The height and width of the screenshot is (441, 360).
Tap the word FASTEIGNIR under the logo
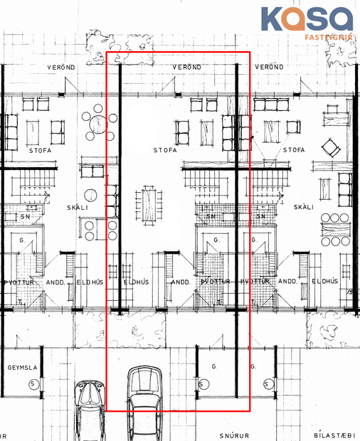coord(329,35)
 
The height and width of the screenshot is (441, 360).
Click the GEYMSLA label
coord(21,368)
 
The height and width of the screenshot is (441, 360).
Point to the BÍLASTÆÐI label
coord(334,433)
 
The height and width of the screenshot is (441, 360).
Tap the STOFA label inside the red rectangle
coord(165,151)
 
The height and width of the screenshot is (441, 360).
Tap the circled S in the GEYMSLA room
coord(33,384)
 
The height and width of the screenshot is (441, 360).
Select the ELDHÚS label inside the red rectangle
coord(135,282)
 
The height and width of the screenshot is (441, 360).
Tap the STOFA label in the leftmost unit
coord(38,151)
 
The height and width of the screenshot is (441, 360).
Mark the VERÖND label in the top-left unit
coord(61,67)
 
